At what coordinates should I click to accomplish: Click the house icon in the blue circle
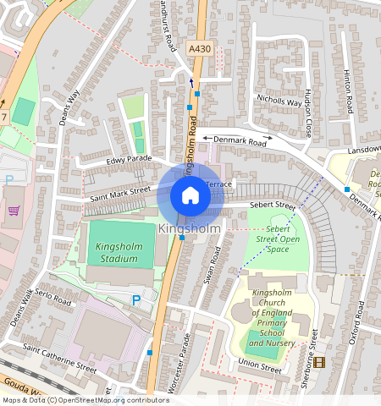(190, 196)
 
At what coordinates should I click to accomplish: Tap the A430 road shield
(199, 50)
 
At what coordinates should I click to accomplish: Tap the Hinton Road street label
(348, 93)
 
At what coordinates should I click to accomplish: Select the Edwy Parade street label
(129, 159)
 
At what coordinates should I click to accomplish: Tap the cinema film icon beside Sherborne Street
(318, 362)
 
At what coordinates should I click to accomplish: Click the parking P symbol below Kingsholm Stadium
(136, 300)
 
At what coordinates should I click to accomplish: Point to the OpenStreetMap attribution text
(85, 400)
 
